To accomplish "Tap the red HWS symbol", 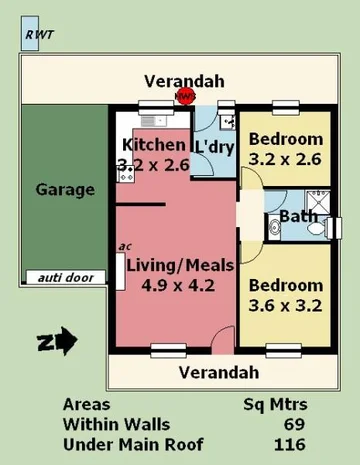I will [x=185, y=97].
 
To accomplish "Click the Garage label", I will [x=65, y=189].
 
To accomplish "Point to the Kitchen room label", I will [x=153, y=145].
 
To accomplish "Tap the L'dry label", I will [x=214, y=147].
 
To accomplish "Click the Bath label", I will [x=299, y=216].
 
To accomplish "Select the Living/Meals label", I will [x=180, y=265].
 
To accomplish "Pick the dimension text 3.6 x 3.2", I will [x=286, y=306].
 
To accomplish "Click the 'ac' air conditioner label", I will [x=125, y=245].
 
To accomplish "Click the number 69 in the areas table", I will [x=294, y=425].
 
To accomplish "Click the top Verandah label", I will [x=183, y=81].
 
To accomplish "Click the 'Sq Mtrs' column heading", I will [x=275, y=405].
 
